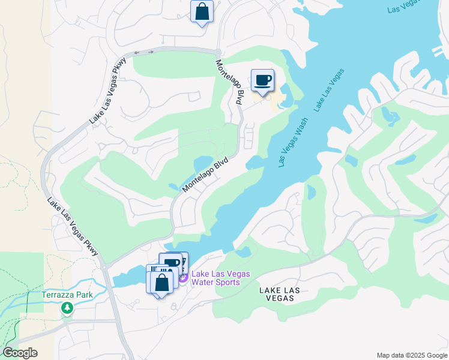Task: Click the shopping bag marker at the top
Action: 202,11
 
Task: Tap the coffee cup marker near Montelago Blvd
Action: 262,80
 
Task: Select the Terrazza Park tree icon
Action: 67,308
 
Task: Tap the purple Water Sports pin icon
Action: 182,277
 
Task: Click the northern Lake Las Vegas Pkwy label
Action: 109,91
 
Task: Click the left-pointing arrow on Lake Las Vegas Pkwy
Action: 137,52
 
